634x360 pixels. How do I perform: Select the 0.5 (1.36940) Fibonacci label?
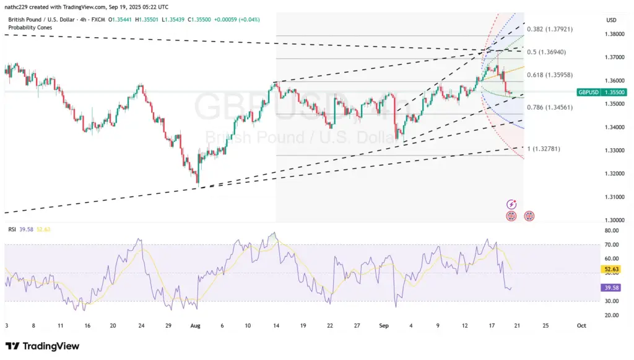546,52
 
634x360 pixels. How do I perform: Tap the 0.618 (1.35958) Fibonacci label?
549,75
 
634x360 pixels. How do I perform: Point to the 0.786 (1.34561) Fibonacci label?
549,107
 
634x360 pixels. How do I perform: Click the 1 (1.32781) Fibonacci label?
544,149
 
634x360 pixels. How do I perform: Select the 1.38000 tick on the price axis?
615,34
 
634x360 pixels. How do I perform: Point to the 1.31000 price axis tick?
615,197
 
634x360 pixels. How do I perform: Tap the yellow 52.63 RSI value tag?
610,270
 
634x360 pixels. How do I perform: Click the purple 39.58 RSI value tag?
610,288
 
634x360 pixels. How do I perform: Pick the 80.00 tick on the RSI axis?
612,230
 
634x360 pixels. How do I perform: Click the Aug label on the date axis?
196,325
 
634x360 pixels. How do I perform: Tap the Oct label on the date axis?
581,325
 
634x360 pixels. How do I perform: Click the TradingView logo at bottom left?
42,346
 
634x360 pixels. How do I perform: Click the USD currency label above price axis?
612,20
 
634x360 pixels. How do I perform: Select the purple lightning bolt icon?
511,204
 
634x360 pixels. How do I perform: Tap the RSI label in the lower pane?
12,229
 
